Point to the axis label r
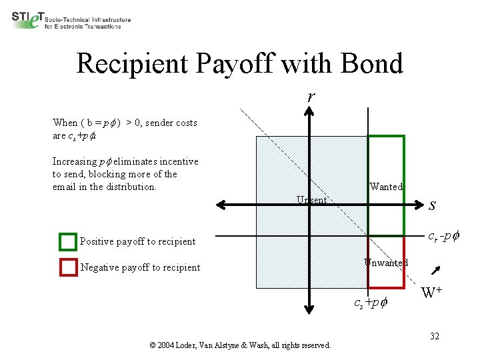tap(311, 96)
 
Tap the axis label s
tap(433, 205)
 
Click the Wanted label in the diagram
tap(386, 187)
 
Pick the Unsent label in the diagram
tap(311, 200)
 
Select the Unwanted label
tap(386, 263)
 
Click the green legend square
tap(68, 241)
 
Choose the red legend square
tap(68, 267)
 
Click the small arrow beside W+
tap(436, 270)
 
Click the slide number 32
tap(434, 336)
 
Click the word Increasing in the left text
tap(75, 161)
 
